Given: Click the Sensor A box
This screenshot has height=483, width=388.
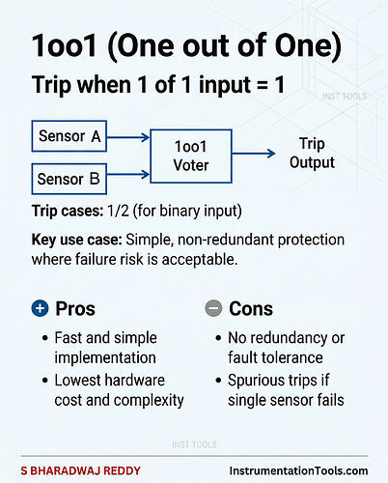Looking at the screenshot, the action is (69, 136).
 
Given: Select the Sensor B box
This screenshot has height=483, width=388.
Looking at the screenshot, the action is (69, 179).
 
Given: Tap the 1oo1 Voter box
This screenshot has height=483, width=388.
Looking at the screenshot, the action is (191, 156).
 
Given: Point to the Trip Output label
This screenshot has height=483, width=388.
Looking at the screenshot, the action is (312, 154).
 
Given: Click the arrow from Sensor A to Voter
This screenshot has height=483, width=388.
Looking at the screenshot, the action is (128, 137).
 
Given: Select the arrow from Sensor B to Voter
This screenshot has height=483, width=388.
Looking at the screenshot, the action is (128, 175).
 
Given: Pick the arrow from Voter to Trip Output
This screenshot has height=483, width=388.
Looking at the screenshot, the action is (254, 154).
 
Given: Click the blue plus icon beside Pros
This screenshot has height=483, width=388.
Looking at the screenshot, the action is (40, 308).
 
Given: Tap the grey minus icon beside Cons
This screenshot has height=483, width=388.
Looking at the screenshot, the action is (213, 308).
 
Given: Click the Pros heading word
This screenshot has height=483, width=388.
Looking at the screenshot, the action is (75, 309).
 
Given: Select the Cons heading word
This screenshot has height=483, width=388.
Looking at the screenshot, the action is (251, 309).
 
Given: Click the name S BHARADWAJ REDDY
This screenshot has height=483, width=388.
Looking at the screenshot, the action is (81, 470).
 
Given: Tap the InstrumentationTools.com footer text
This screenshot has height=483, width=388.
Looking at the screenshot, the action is (298, 470).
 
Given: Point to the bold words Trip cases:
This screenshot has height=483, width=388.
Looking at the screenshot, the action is (68, 212).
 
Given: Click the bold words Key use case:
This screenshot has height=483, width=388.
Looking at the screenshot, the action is (77, 240).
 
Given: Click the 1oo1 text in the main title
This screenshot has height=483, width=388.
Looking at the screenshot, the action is (65, 45).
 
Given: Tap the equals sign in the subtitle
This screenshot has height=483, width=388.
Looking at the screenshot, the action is (263, 85).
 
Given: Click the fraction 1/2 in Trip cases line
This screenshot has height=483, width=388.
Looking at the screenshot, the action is (119, 212).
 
